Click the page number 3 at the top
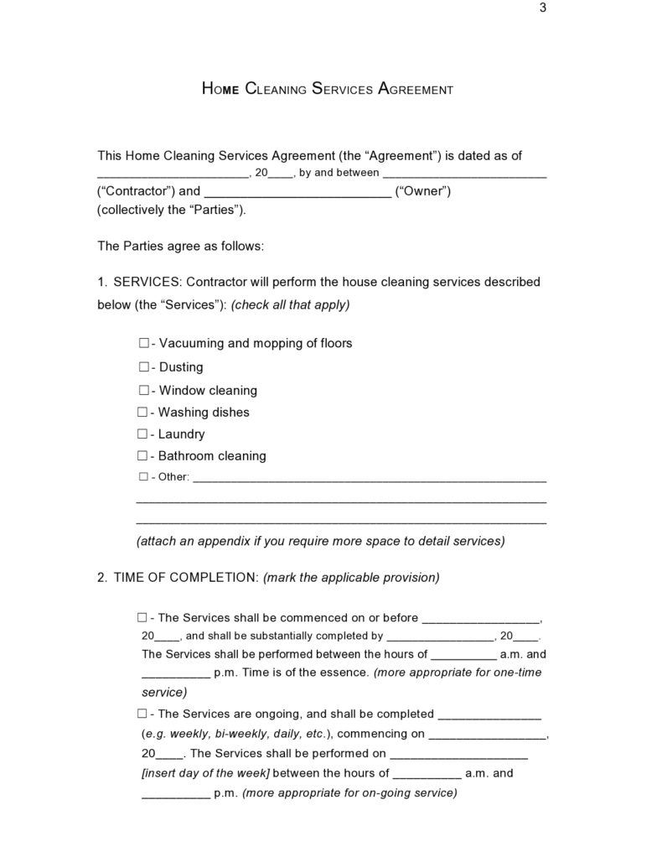coord(543,8)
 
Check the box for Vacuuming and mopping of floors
coord(143,343)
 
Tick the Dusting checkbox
coord(143,366)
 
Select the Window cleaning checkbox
coord(143,390)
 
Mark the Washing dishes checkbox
coord(143,412)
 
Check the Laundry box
coord(143,434)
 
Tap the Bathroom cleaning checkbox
coord(143,455)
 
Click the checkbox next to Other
coord(143,477)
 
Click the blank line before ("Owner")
coord(297,193)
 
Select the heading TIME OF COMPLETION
coord(186,577)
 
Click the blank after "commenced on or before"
coord(481,621)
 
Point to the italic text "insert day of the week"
coord(206,772)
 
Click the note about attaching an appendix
coord(320,541)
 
